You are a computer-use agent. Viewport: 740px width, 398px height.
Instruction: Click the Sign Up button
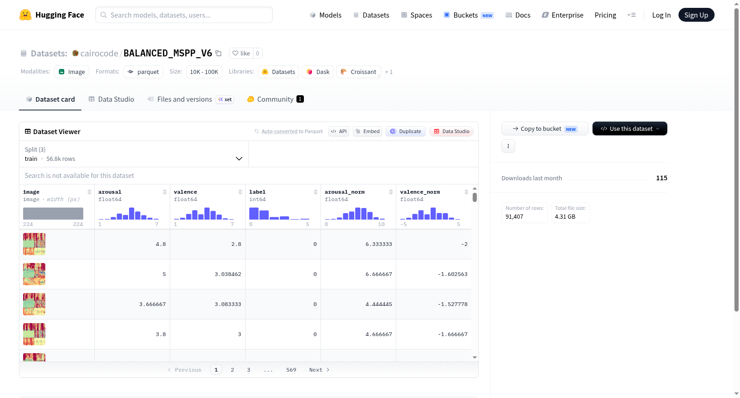click(696, 15)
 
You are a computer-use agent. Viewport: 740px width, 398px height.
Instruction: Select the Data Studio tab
click(111, 99)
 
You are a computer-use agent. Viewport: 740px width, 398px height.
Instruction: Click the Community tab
click(275, 99)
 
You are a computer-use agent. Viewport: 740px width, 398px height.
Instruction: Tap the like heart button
click(241, 53)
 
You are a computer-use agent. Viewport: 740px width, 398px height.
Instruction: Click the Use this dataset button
click(629, 129)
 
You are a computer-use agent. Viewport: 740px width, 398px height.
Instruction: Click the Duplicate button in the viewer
click(405, 131)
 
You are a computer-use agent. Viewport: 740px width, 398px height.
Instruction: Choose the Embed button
click(367, 131)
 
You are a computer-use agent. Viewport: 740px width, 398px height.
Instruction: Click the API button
click(339, 131)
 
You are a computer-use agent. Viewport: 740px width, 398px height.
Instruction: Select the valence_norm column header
click(420, 192)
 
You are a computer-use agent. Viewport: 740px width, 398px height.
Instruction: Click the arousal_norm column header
click(345, 192)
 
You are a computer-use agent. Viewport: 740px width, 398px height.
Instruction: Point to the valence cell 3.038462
click(228, 274)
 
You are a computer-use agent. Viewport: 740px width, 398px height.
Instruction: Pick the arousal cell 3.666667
click(152, 304)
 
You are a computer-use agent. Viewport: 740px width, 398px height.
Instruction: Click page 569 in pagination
click(291, 370)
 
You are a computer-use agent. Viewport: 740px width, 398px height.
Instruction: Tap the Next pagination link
click(319, 370)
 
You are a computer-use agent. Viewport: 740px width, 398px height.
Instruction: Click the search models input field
click(184, 15)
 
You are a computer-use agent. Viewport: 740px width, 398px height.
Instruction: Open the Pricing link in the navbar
click(605, 15)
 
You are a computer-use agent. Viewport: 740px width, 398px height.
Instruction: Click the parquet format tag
click(143, 72)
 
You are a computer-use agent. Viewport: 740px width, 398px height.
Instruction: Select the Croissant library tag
click(358, 72)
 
